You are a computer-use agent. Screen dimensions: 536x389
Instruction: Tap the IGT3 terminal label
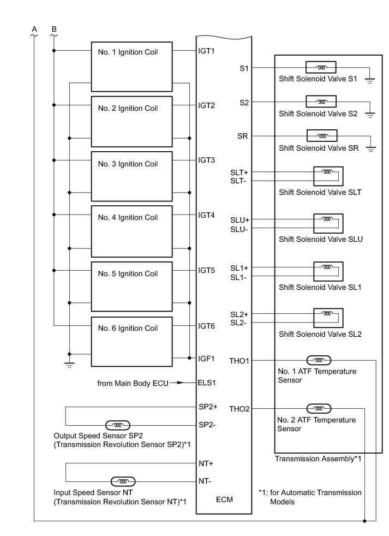pos(206,160)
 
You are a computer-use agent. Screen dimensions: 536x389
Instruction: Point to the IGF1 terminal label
pos(206,359)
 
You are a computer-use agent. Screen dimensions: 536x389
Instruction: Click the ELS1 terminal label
pos(207,383)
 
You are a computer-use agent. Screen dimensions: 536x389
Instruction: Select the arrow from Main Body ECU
pos(185,383)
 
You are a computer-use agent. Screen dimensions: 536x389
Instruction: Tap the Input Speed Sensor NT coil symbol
pos(123,481)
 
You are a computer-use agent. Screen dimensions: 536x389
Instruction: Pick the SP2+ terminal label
pos(208,407)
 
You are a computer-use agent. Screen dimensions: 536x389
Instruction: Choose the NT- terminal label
pos(204,481)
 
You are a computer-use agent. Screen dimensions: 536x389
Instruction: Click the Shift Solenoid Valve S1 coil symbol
pos(321,68)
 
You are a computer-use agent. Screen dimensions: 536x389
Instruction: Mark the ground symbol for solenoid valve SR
pos(371,148)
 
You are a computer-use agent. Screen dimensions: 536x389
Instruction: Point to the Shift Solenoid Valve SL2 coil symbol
pos(327,314)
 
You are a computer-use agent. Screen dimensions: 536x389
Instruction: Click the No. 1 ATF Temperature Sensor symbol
pos(319,360)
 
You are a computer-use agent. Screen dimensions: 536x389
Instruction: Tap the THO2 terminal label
pos(240,409)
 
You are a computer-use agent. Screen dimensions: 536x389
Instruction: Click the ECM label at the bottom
pos(224,499)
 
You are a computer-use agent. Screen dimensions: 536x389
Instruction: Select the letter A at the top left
pos(34,28)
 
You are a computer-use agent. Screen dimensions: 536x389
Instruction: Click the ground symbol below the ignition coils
pos(69,365)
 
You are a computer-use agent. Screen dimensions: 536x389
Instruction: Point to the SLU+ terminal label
pos(240,219)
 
